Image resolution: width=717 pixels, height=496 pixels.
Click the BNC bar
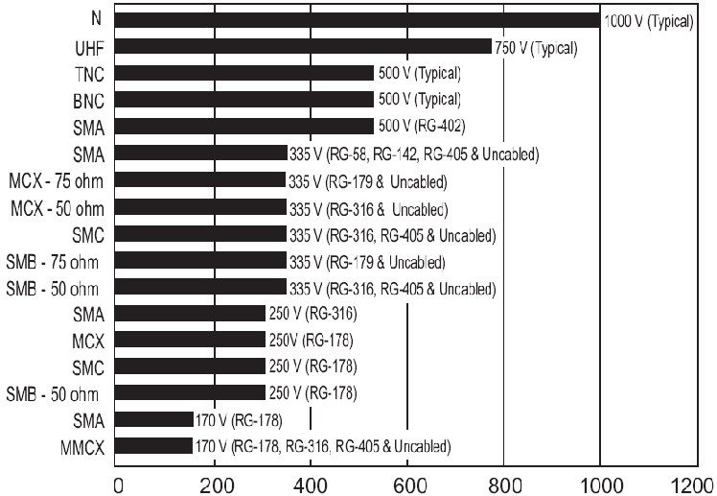(x=245, y=99)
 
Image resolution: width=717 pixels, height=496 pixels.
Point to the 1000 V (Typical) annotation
(x=647, y=20)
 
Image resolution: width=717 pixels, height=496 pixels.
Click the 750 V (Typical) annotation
(x=535, y=47)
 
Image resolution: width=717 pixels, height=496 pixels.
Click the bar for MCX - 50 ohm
(x=202, y=206)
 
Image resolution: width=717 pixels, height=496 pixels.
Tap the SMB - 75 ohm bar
(x=202, y=260)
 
